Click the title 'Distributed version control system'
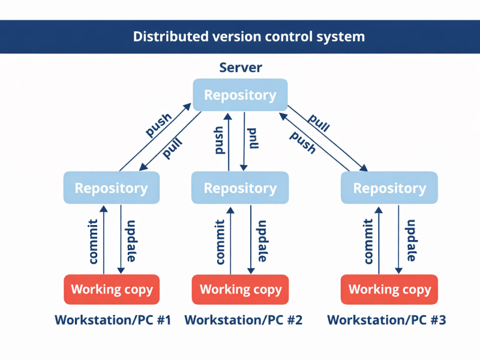click(248, 37)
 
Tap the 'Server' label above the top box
click(240, 67)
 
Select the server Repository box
click(240, 95)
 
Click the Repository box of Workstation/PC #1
click(111, 188)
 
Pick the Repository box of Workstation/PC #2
click(240, 188)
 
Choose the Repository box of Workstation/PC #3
click(389, 188)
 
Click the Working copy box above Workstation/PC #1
click(112, 289)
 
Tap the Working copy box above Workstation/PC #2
click(240, 289)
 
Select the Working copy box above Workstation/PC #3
click(389, 289)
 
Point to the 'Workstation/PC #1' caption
click(113, 320)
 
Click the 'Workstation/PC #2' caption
click(243, 320)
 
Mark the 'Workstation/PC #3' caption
click(386, 320)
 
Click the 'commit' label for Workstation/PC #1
click(93, 240)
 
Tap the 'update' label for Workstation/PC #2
click(262, 240)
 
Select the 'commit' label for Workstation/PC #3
click(368, 240)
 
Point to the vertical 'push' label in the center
click(219, 140)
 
